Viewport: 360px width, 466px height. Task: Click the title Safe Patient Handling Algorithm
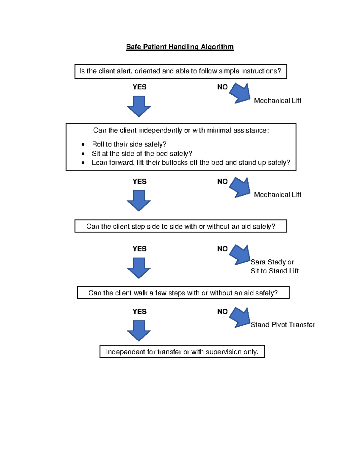[x=180, y=47]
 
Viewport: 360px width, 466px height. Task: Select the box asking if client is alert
[x=181, y=71]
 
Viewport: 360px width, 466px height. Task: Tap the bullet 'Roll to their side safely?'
[x=129, y=144]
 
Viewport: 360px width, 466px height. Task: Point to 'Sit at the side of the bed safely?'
[x=142, y=154]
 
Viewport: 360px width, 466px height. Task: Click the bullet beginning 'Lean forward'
[x=191, y=163]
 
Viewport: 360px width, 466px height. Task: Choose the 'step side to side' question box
[x=181, y=226]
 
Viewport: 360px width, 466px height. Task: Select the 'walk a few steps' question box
[x=183, y=293]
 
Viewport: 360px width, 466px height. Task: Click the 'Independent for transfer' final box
[x=182, y=352]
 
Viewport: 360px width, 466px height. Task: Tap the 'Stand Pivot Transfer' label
[x=283, y=325]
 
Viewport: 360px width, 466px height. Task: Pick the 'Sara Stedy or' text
[x=272, y=262]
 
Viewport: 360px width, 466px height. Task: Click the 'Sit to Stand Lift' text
[x=274, y=271]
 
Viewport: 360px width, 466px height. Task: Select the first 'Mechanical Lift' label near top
[x=277, y=101]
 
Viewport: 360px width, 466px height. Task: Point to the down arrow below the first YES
[x=139, y=106]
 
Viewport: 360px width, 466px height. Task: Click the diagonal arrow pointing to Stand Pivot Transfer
[x=241, y=317]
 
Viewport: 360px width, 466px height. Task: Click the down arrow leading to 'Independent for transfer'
[x=139, y=330]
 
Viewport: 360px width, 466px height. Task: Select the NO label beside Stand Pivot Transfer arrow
[x=222, y=311]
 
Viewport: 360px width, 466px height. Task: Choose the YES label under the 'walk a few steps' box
[x=139, y=311]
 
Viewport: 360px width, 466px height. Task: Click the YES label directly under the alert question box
[x=139, y=87]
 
